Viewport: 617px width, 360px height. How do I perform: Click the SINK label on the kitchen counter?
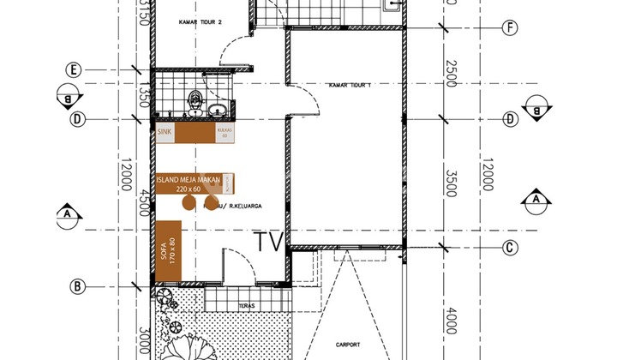pyautogui.click(x=165, y=133)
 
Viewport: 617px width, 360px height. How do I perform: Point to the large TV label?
pyautogui.click(x=269, y=242)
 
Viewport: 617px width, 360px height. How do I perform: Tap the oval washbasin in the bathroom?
pyautogui.click(x=218, y=109)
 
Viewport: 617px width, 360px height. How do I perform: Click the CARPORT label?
pyautogui.click(x=348, y=345)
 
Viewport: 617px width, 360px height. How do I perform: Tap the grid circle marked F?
pyautogui.click(x=510, y=27)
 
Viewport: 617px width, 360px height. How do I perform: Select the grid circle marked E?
pyautogui.click(x=76, y=69)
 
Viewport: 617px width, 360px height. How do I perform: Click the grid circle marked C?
pyautogui.click(x=510, y=249)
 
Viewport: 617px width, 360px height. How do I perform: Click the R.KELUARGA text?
pyautogui.click(x=242, y=207)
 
